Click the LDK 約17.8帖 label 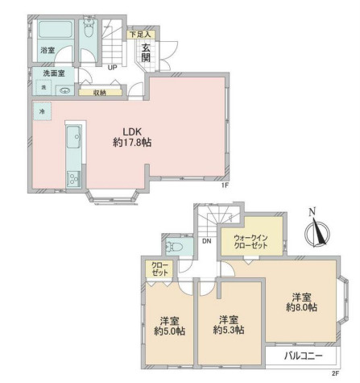[132, 137]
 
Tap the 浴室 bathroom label [48, 50]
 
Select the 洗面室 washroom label [54, 73]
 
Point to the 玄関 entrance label [146, 52]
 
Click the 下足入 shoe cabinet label [141, 35]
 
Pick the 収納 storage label [100, 93]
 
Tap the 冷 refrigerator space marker [42, 111]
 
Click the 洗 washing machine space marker [43, 87]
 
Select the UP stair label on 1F [112, 68]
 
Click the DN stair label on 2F [207, 241]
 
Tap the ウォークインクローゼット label [250, 242]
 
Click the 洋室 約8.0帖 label [301, 302]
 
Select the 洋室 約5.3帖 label [229, 325]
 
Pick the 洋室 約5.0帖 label [169, 326]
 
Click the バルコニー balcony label [304, 356]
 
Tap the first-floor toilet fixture [88, 27]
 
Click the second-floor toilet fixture [175, 246]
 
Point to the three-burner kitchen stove [73, 178]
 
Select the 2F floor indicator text [336, 373]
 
